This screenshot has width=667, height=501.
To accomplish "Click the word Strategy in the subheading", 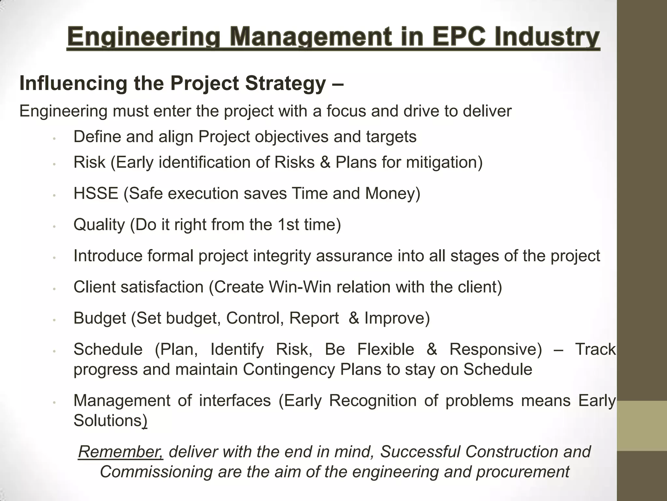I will (285, 83).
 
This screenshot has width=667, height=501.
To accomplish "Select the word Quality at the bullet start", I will (99, 225).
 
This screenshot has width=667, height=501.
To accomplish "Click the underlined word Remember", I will (121, 452).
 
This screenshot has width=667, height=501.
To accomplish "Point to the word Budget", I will (100, 318).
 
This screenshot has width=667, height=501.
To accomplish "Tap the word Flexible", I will (386, 349).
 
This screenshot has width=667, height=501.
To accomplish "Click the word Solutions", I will (107, 420).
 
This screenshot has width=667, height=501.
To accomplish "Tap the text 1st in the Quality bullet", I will (288, 225).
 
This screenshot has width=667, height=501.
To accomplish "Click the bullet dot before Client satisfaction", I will (55, 289).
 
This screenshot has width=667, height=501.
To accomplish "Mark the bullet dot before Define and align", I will (55, 138).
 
